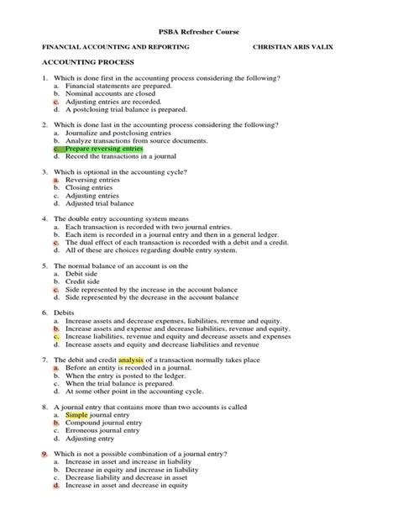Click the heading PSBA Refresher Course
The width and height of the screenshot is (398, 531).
click(x=198, y=30)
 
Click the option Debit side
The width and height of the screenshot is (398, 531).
click(x=81, y=273)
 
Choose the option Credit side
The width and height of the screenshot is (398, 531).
click(x=82, y=281)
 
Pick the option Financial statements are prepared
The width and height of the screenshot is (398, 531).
click(x=118, y=85)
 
